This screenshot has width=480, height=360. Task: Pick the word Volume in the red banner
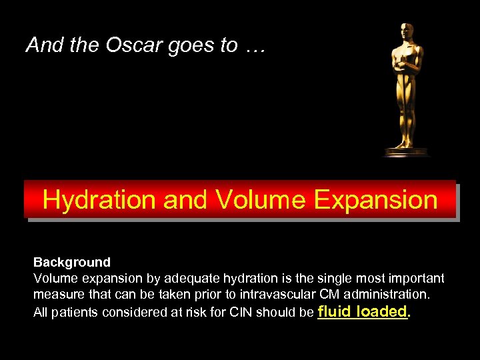(253, 199)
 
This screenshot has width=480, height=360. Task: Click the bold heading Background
(72, 262)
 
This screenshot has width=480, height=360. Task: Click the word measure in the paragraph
(57, 294)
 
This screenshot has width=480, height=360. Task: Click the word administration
(389, 294)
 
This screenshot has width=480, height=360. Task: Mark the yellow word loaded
(382, 311)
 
